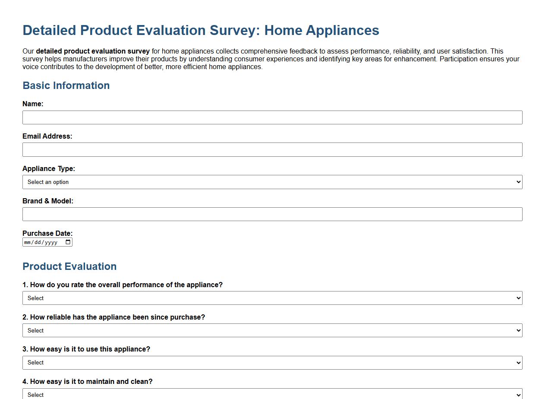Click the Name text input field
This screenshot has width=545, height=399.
272,117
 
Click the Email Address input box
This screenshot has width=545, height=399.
272,150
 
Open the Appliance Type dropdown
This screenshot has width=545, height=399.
272,182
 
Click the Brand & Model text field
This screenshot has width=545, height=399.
272,214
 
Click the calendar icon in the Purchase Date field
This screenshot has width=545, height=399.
68,242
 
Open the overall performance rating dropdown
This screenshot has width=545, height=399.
272,298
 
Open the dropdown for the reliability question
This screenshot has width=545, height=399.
272,330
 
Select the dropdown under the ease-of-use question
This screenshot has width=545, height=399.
272,363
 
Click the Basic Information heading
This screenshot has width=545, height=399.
66,85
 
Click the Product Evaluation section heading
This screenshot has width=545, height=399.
69,266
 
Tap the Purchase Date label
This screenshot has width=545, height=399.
47,233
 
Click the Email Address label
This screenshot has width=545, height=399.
47,136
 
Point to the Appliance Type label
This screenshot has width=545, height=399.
49,168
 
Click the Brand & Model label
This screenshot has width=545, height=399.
48,201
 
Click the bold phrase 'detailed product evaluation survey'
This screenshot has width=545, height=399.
93,51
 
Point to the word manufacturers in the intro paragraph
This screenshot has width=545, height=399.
85,59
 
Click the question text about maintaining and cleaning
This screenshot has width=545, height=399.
88,381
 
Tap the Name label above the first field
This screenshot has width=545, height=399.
33,104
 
